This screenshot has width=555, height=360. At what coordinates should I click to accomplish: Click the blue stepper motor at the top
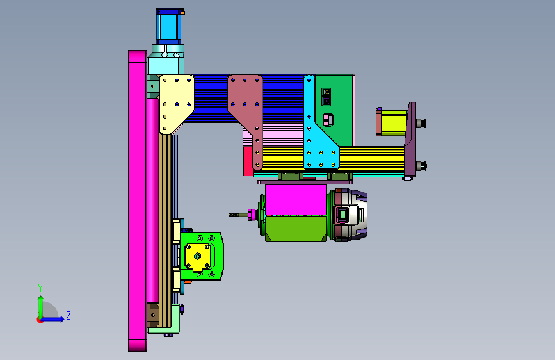168,27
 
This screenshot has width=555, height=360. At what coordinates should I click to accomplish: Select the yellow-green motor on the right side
392,122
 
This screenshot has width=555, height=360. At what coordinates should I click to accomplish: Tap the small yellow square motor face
198,256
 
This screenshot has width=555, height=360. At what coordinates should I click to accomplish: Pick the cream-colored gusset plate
176,104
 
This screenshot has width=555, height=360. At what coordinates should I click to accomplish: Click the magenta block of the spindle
296,199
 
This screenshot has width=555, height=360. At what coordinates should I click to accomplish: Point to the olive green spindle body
296,229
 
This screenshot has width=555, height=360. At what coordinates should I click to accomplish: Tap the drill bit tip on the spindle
230,215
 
